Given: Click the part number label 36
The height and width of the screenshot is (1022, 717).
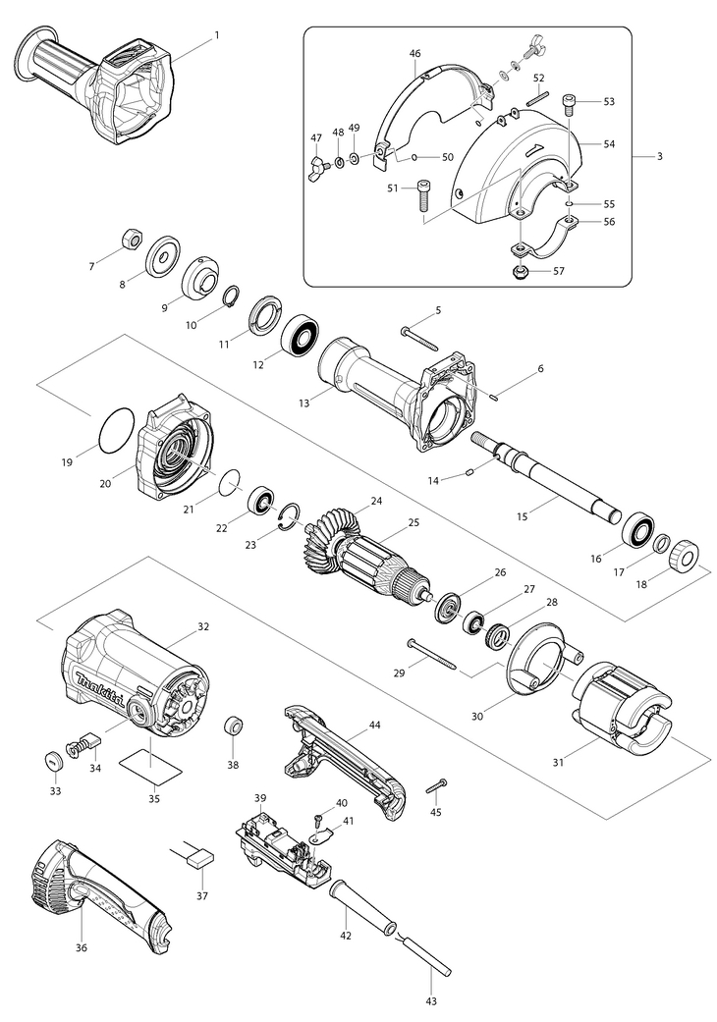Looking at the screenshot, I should (x=82, y=947).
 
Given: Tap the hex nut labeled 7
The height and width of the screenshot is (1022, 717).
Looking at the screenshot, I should (x=128, y=239).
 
